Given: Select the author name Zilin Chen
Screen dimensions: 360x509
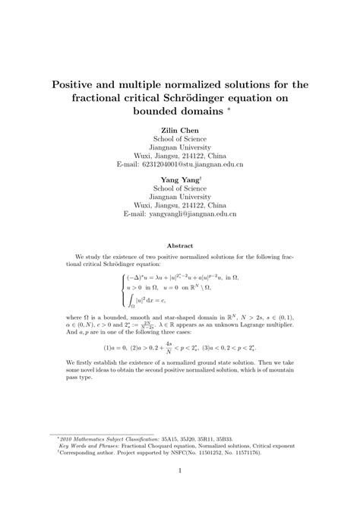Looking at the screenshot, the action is [x=180, y=130].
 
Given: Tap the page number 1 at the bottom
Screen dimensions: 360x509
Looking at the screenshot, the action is [x=180, y=492].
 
